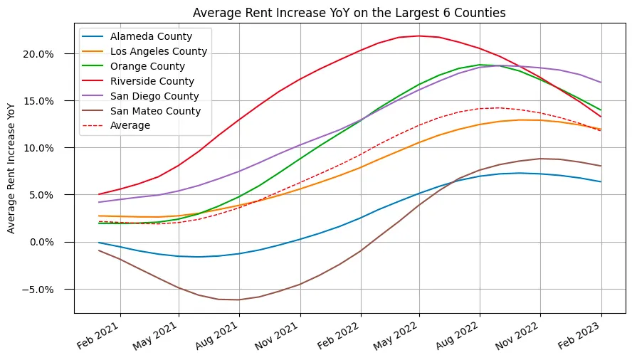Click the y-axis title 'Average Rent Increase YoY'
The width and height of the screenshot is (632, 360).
click(x=11, y=167)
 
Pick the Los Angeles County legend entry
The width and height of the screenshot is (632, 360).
click(x=158, y=51)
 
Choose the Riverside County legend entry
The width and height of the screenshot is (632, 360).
click(x=152, y=81)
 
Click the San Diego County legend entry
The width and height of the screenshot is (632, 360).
click(x=154, y=96)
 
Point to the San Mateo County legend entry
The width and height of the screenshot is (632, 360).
click(x=155, y=111)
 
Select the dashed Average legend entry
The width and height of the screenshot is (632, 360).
click(x=130, y=126)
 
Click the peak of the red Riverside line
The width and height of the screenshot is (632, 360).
click(x=419, y=36)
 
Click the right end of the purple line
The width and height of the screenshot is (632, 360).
click(x=601, y=83)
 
